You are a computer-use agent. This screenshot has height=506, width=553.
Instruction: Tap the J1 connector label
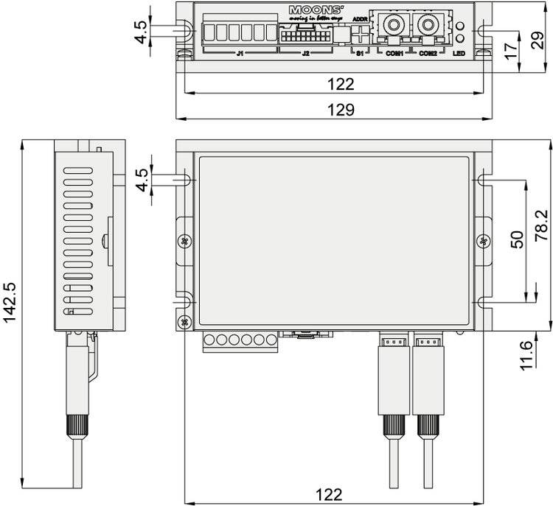point(240,54)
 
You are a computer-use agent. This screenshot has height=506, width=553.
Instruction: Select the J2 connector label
point(306,54)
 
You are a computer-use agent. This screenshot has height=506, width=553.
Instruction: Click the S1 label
point(360,54)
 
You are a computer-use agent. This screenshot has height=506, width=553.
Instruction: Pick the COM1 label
point(395,54)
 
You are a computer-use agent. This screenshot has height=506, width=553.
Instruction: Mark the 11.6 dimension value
point(525,356)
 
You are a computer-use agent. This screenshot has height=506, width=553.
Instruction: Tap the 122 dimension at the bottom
point(339,495)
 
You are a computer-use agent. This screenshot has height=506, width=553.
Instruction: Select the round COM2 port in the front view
point(426,26)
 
